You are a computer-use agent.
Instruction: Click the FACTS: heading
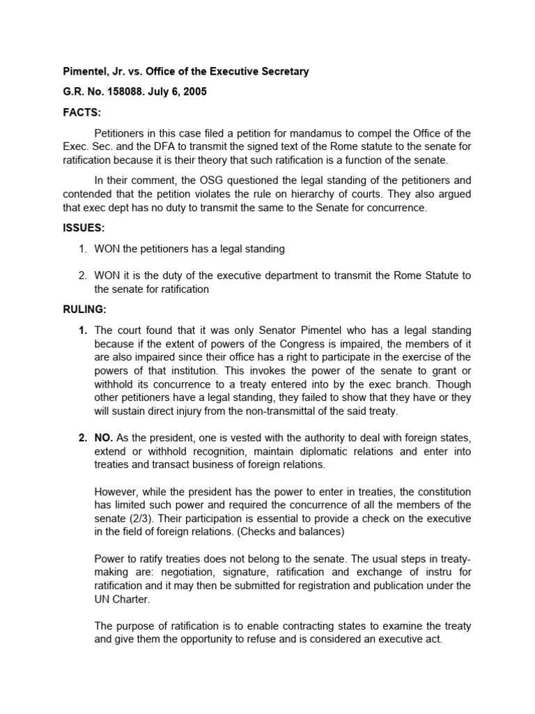click(78, 111)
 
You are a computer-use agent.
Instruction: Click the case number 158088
click(132, 91)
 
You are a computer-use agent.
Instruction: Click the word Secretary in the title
click(279, 72)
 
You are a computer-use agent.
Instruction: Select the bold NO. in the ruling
click(104, 438)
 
